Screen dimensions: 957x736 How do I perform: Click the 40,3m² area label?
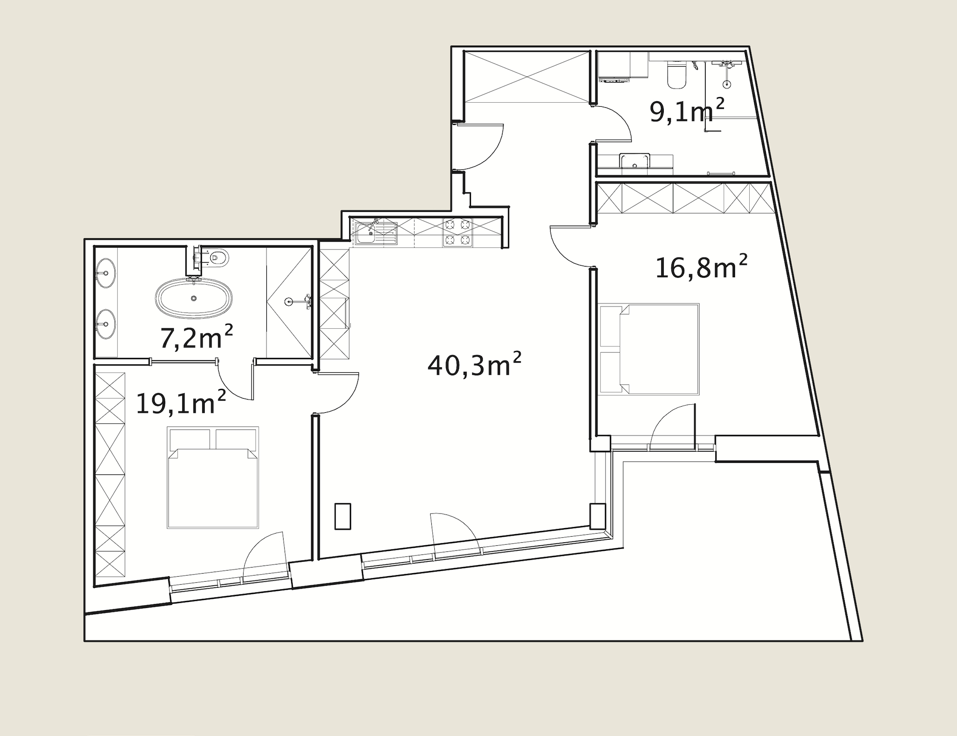point(474,365)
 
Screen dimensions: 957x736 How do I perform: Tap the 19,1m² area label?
point(180,403)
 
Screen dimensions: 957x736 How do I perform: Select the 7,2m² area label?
point(196,337)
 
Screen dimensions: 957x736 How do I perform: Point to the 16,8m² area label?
point(701,267)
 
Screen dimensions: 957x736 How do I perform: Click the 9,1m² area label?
point(687,111)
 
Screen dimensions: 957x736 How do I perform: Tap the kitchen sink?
point(376,233)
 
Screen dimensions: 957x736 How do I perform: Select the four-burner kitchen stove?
point(458,233)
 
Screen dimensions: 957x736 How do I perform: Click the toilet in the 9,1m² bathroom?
point(675,74)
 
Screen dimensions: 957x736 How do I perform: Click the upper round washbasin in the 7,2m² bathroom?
point(105,273)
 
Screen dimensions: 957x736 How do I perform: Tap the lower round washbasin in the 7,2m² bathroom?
point(105,324)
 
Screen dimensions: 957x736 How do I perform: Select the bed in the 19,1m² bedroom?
point(213,478)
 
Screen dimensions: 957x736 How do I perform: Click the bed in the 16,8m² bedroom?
point(649,349)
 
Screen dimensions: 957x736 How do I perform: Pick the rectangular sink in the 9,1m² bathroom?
point(634,160)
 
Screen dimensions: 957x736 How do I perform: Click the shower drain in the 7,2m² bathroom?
point(289,302)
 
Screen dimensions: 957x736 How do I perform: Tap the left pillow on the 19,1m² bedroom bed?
point(190,439)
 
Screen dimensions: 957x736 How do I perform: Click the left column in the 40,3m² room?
point(343,516)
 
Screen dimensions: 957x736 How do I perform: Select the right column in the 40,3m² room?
point(598,516)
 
